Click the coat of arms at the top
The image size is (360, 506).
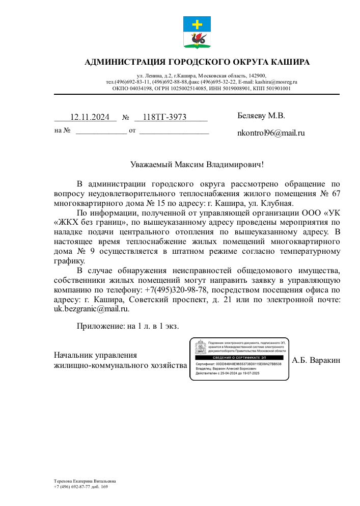[197, 32]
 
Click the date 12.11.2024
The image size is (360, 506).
[90, 117]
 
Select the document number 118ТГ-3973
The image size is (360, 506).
[164, 117]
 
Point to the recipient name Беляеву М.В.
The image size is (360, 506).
[261, 116]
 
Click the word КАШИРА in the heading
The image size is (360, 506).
[287, 63]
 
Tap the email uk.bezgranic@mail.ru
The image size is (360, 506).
[91, 308]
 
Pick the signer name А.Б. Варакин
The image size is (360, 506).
[316, 360]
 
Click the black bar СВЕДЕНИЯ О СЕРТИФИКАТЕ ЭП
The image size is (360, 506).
[239, 358]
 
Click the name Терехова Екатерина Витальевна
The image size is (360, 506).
[85, 481]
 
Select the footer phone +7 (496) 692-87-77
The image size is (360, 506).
[72, 487]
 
